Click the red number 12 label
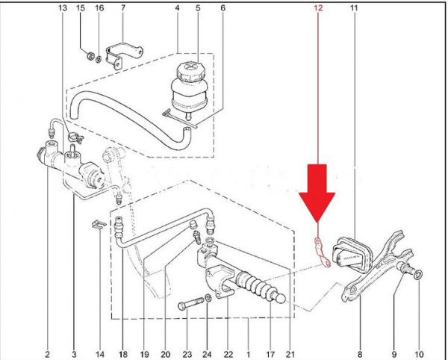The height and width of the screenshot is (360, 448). [318, 8]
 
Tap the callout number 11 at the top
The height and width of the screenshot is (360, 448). [353, 8]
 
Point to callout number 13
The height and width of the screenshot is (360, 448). [62, 8]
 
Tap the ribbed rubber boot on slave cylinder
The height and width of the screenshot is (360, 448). [258, 287]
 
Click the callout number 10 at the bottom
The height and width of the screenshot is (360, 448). [419, 353]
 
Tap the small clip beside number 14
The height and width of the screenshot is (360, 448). [96, 224]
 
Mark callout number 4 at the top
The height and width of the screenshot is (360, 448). [177, 8]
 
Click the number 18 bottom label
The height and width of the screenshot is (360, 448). [122, 353]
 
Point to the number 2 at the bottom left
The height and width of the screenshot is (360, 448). [47, 353]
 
